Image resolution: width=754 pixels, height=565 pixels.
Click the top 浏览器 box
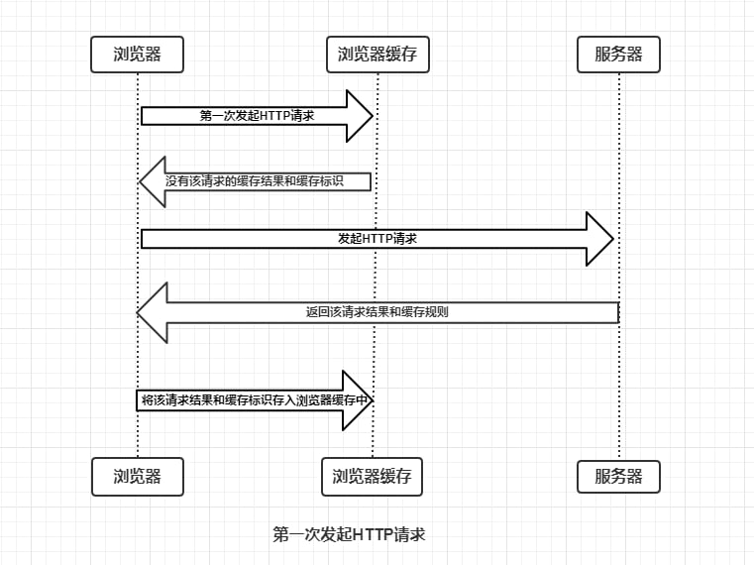(138, 55)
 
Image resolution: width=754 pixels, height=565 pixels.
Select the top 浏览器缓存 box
(377, 55)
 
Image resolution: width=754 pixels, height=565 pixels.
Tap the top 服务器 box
(618, 55)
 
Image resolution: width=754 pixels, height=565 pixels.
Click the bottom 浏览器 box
(138, 476)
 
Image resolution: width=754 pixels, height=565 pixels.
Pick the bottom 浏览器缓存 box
(372, 476)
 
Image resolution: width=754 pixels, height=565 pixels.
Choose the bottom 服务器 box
(618, 476)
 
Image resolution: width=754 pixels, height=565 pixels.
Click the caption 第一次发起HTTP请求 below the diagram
(349, 534)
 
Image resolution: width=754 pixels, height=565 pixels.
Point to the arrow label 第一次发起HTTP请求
(257, 116)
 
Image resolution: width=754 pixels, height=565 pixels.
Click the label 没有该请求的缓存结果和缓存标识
(268, 181)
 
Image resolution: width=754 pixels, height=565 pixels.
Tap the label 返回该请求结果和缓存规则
(377, 311)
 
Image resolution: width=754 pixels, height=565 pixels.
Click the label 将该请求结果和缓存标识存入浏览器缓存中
(256, 400)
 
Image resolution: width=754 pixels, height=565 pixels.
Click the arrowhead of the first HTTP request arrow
(358, 116)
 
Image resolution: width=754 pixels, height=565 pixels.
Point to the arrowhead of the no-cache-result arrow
(153, 181)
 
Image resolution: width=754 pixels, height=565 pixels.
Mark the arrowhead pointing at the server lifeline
(600, 239)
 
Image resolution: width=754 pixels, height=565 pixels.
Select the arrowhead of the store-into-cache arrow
(357, 400)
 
